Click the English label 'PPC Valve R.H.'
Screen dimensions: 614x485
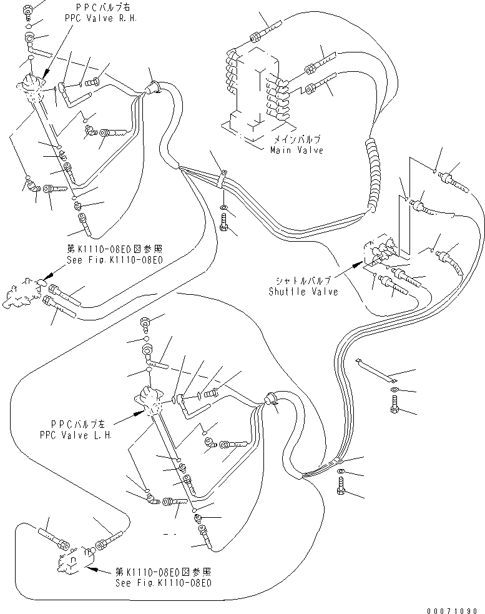100,18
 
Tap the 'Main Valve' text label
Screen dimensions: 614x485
296,151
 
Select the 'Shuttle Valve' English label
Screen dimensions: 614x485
303,292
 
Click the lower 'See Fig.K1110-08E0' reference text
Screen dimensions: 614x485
164,583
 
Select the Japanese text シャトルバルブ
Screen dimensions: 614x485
301,282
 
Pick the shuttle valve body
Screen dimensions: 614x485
381,253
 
